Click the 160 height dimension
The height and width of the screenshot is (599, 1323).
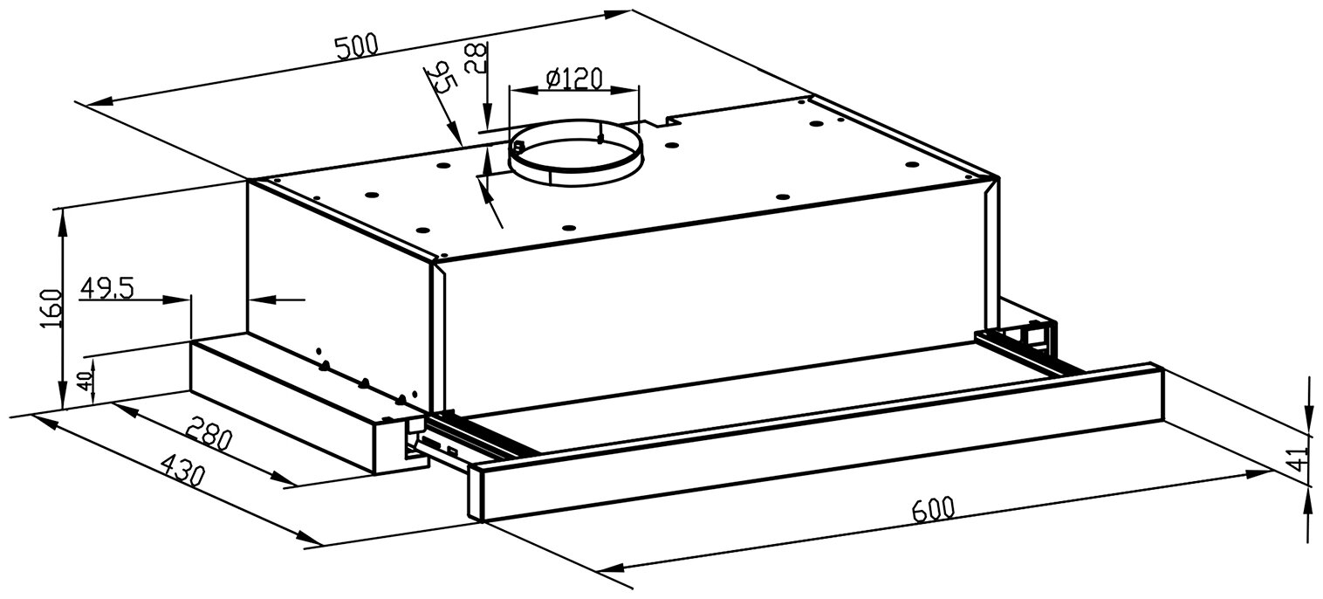(x=51, y=306)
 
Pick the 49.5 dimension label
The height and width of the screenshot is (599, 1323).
(x=107, y=288)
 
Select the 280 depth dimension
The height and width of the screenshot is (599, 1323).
(x=209, y=433)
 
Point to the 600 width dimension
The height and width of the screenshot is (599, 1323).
(x=932, y=509)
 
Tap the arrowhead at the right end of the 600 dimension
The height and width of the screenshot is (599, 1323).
(x=1265, y=473)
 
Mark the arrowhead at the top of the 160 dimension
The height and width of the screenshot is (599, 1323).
(x=62, y=218)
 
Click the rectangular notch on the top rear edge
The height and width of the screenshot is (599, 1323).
(x=654, y=119)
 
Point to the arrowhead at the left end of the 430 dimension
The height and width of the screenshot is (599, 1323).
(x=39, y=423)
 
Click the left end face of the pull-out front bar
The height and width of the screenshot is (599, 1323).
(x=476, y=493)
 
